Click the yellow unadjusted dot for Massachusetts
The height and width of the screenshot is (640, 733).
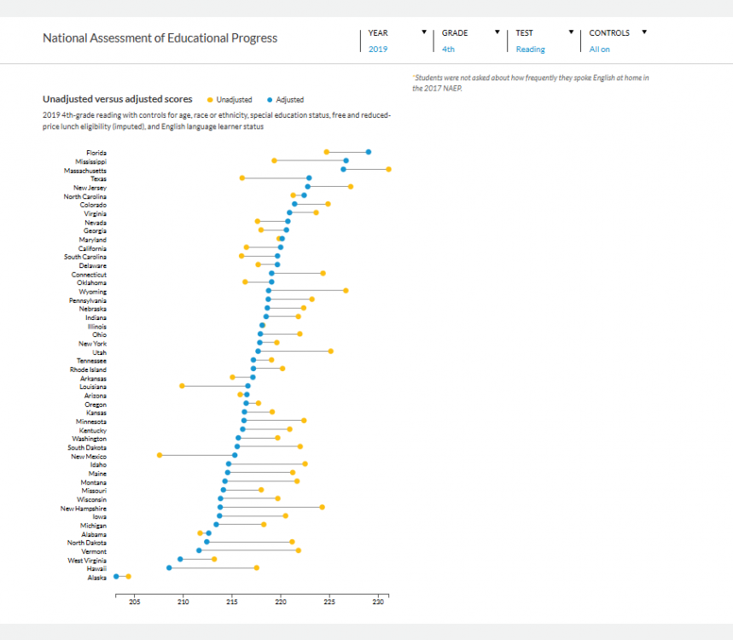point(388,169)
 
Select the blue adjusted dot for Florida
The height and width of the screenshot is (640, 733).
point(368,152)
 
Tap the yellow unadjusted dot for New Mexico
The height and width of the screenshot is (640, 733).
point(160,456)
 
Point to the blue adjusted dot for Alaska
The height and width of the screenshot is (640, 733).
point(116,577)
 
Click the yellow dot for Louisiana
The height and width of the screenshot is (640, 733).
point(182,386)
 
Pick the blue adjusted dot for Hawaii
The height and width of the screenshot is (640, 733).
point(169,567)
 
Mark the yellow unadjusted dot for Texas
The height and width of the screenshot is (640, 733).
point(242,178)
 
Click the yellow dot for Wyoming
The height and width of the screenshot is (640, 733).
point(346,291)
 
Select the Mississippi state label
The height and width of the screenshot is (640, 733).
point(90,161)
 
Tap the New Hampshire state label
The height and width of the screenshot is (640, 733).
point(84,508)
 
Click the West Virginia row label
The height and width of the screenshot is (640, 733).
point(87,560)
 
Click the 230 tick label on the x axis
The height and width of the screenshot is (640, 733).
point(378,603)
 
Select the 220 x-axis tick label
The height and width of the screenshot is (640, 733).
point(281,603)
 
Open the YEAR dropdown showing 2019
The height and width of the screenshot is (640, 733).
point(397,41)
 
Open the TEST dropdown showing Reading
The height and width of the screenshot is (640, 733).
point(544,41)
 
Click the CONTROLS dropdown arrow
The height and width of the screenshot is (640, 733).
point(644,32)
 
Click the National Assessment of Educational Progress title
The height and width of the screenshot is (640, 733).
point(160,38)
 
